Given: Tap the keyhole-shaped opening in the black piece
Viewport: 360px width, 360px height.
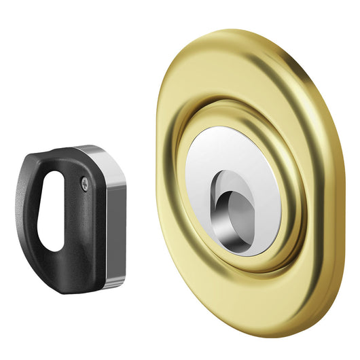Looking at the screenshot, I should [51, 211].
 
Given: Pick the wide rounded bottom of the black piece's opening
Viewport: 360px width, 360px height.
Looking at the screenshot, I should [49, 238].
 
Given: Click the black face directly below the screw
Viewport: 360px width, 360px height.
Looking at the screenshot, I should [85, 224].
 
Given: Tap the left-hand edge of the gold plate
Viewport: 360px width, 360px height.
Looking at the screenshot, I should [163, 170].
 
